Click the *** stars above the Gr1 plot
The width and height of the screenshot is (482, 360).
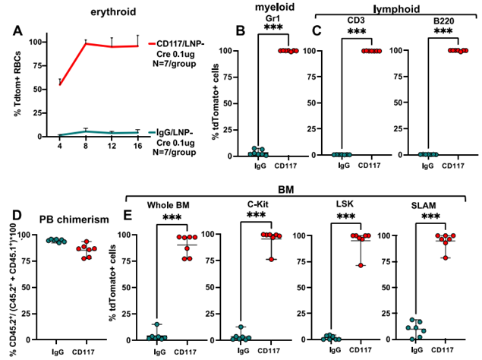pos(268,30)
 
